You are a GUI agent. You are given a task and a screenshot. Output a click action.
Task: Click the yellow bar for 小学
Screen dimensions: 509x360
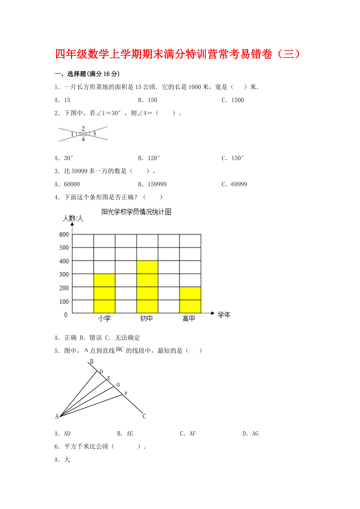tap(104, 293)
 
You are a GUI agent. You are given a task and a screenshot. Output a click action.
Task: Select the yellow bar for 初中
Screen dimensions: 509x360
tap(147, 287)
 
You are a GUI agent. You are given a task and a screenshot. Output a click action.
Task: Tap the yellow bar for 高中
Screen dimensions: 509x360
tap(190, 300)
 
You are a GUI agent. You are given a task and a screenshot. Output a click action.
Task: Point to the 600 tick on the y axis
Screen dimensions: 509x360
tap(64, 234)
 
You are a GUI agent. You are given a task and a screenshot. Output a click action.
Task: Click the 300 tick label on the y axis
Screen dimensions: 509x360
tap(64, 275)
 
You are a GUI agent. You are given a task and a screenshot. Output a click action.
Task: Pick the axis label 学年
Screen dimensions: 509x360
tap(224, 315)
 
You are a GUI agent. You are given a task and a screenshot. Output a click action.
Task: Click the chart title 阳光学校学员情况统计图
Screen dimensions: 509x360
tap(136, 212)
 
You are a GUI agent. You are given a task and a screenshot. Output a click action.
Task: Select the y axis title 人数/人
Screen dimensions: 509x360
tap(73, 219)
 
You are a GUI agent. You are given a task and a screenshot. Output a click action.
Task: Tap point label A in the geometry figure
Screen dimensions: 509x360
tap(57, 416)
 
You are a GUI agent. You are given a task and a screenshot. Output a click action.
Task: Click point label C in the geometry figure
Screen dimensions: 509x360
tap(144, 416)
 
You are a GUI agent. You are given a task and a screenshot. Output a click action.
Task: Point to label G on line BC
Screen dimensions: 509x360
tap(118, 385)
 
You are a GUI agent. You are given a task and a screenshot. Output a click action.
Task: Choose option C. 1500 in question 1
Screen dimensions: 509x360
tap(233, 100)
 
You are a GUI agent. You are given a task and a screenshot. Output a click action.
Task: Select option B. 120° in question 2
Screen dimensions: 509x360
tap(149, 158)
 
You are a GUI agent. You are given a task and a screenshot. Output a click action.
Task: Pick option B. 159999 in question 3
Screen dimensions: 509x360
tap(152, 184)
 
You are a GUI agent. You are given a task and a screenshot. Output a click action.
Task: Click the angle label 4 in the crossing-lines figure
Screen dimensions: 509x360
tap(83, 140)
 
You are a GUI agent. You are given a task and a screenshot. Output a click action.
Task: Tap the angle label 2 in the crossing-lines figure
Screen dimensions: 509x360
tap(83, 128)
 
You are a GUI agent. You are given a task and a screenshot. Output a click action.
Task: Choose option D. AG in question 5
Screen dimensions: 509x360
tap(250, 434)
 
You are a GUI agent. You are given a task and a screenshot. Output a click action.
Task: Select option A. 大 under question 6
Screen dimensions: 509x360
tap(62, 460)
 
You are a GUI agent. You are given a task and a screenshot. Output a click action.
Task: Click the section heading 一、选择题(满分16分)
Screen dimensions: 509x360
tap(87, 74)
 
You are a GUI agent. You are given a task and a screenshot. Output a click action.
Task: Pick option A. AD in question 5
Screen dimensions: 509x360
tap(62, 434)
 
